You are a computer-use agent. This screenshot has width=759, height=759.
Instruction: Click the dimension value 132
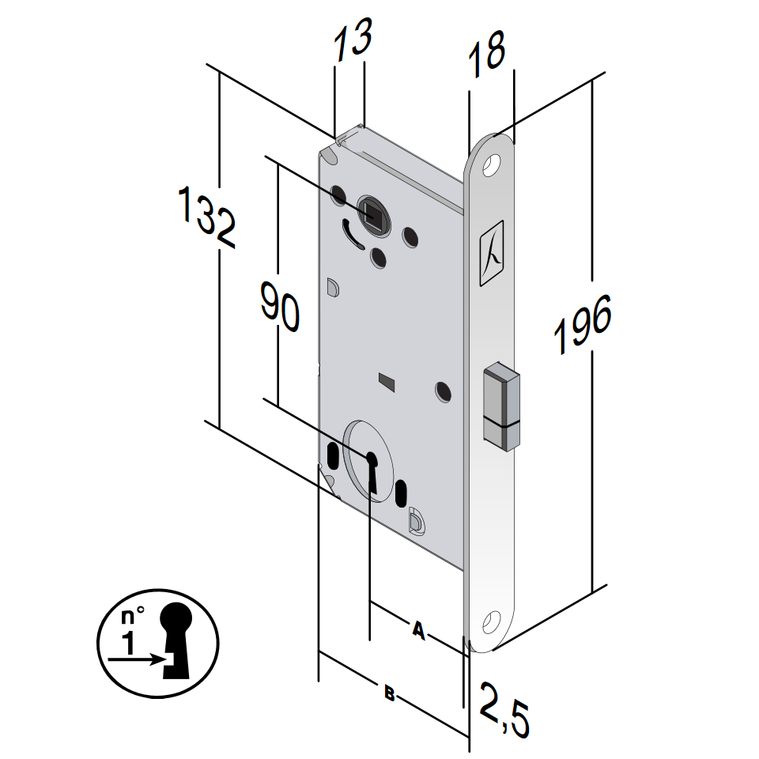click(x=207, y=217)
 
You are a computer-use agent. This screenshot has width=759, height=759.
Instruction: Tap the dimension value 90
click(x=280, y=312)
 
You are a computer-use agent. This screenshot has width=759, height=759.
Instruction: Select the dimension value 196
click(x=583, y=325)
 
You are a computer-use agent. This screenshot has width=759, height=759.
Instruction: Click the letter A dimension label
click(x=418, y=630)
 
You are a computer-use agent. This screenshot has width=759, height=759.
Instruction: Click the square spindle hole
click(x=372, y=211)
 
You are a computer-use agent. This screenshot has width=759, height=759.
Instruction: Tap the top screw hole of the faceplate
click(x=493, y=165)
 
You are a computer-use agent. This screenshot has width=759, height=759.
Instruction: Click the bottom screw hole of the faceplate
click(x=492, y=621)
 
